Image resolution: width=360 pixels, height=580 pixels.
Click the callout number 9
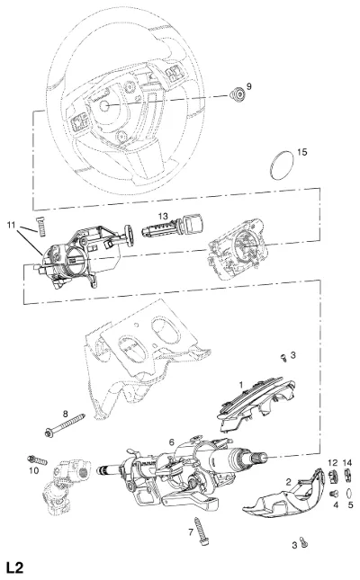pyautogui.click(x=249, y=86)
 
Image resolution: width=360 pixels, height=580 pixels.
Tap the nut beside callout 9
pyautogui.click(x=238, y=94)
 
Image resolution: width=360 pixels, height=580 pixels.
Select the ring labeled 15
pyautogui.click(x=282, y=165)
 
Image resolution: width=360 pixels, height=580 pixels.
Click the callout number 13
pyautogui.click(x=163, y=217)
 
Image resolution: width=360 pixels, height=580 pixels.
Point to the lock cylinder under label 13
pyautogui.click(x=172, y=228)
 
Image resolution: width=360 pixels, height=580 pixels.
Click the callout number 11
pyautogui.click(x=11, y=225)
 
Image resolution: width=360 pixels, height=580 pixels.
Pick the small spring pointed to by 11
pyautogui.click(x=42, y=226)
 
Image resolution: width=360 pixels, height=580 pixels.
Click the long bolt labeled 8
pyautogui.click(x=65, y=424)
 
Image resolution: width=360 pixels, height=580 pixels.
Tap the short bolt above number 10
pyautogui.click(x=38, y=460)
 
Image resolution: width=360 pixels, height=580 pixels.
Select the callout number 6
pyautogui.click(x=171, y=442)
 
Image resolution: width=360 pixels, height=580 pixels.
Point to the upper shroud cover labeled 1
pyautogui.click(x=256, y=403)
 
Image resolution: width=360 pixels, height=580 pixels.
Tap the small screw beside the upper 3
pyautogui.click(x=284, y=357)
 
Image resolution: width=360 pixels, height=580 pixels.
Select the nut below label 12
pyautogui.click(x=333, y=477)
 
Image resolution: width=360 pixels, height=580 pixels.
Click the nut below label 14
pyautogui.click(x=347, y=475)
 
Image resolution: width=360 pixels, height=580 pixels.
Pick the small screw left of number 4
pyautogui.click(x=335, y=493)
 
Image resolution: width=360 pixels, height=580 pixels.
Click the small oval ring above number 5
pyautogui.click(x=348, y=493)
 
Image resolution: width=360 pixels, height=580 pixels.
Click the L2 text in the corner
pyautogui.click(x=14, y=567)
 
